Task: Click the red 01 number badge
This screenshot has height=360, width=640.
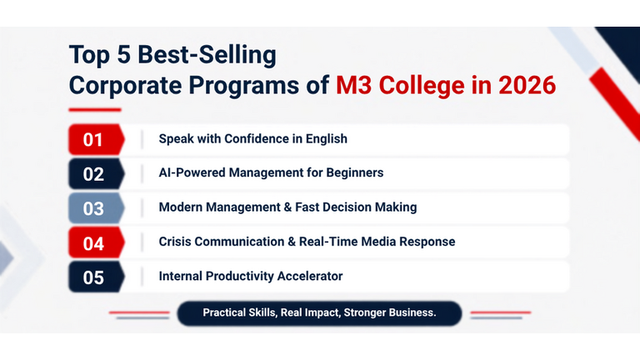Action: [97, 140]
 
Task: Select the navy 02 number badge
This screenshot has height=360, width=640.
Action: [97, 174]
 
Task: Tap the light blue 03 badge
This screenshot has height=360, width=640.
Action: [97, 208]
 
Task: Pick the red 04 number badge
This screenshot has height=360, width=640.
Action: [97, 242]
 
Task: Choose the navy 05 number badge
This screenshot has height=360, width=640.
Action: [97, 277]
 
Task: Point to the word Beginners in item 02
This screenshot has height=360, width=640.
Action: [355, 173]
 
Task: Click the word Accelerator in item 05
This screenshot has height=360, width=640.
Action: [310, 277]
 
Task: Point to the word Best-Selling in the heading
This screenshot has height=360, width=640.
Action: [207, 55]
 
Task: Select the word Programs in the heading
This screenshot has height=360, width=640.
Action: [243, 86]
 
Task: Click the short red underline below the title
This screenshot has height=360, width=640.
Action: [95, 110]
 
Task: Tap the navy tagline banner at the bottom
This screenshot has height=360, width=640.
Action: [319, 313]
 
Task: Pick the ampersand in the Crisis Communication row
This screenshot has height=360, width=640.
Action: [292, 242]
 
